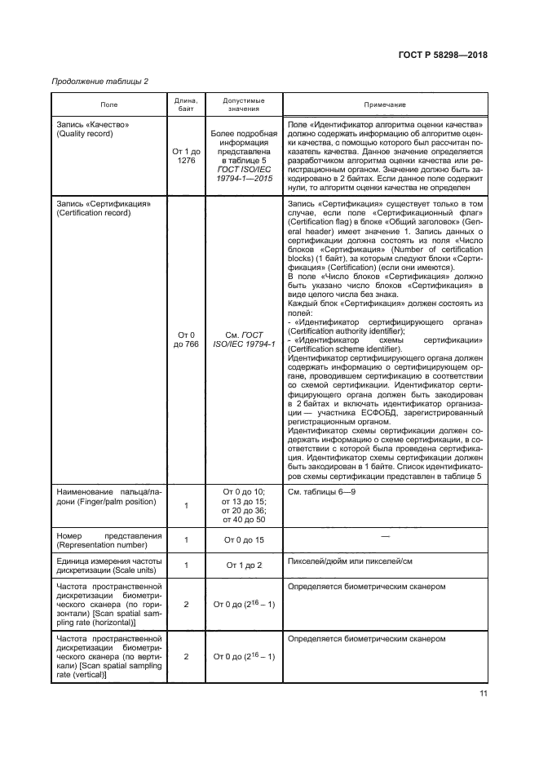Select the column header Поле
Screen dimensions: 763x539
point(108,104)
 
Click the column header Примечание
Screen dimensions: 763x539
point(385,104)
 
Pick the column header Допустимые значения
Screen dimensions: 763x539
point(243,104)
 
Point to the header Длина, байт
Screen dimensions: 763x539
point(186,104)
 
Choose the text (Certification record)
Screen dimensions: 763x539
point(95,211)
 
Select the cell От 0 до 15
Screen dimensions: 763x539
point(243,539)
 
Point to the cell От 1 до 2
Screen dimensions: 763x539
point(243,565)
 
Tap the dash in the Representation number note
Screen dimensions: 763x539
point(385,535)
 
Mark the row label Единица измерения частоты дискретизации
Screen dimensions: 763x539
point(109,565)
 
